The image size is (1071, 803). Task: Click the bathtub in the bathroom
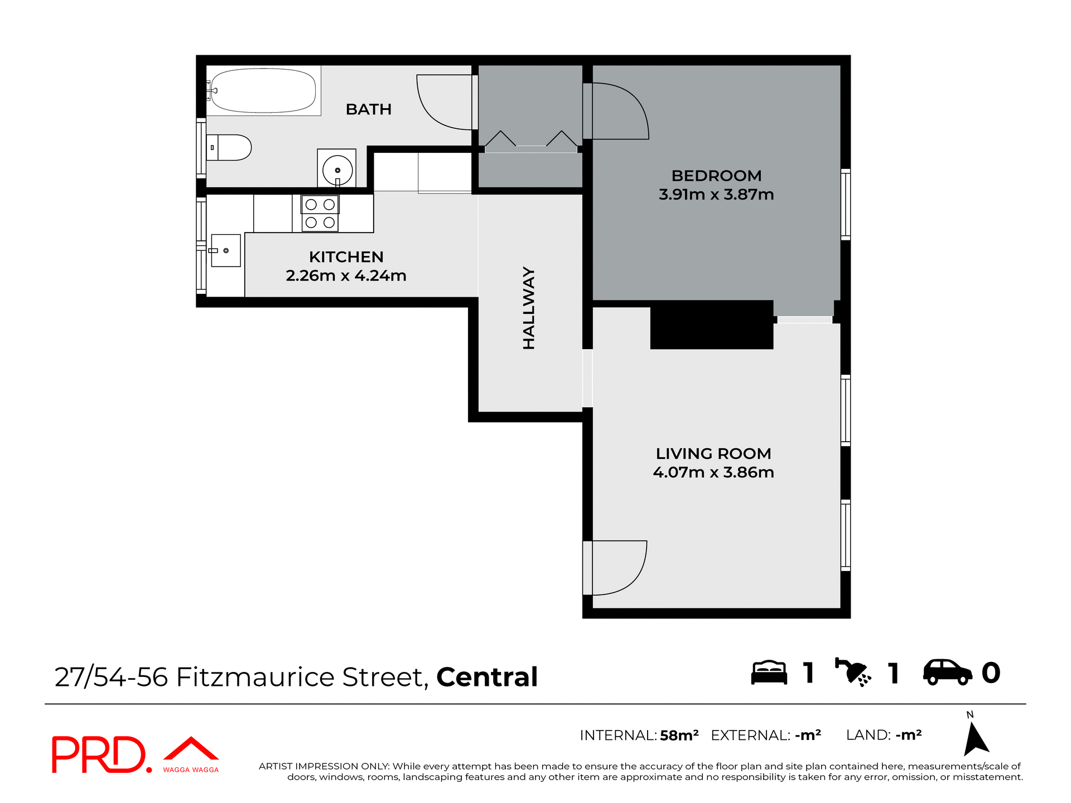pyautogui.click(x=263, y=91)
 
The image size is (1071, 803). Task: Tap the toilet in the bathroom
pyautogui.click(x=230, y=148)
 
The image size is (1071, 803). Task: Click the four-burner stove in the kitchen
pyautogui.click(x=320, y=213)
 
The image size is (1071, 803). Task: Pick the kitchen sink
pyautogui.click(x=226, y=250)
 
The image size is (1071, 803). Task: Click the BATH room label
pyautogui.click(x=368, y=109)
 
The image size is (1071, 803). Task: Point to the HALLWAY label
pyautogui.click(x=529, y=308)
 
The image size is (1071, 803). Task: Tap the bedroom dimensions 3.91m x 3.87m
pyautogui.click(x=716, y=195)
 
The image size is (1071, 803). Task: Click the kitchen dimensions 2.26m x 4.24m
pyautogui.click(x=346, y=275)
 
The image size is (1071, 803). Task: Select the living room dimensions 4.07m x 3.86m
pyautogui.click(x=713, y=472)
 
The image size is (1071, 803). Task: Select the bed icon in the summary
pyautogui.click(x=769, y=673)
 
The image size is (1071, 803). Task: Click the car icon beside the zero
pyautogui.click(x=947, y=673)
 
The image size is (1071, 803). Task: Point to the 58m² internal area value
pyautogui.click(x=679, y=736)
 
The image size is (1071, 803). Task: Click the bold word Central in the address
pyautogui.click(x=486, y=677)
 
